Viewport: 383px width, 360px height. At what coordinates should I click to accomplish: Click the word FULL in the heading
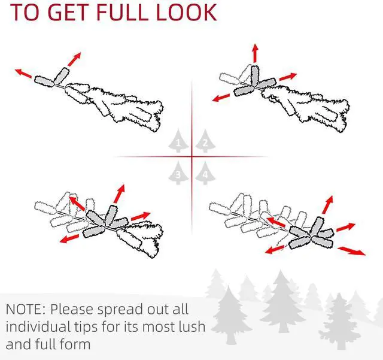pos(122,12)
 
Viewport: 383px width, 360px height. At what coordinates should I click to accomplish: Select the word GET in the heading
pos(69,12)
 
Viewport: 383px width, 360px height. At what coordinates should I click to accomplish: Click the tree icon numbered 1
pos(178,141)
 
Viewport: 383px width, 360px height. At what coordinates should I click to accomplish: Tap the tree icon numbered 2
pos(205,141)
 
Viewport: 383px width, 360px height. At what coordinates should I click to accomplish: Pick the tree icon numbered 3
pos(178,173)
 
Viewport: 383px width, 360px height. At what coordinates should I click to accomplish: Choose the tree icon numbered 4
pos(205,173)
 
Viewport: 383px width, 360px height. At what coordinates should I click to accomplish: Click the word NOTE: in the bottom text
pos(25,309)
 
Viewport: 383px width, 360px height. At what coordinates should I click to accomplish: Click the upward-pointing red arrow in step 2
pos(256,53)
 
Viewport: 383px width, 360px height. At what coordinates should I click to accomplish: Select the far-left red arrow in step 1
pos(23,73)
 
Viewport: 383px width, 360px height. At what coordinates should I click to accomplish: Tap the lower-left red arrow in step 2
pos(221,98)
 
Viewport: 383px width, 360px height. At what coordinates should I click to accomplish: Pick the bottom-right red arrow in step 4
pos(352,250)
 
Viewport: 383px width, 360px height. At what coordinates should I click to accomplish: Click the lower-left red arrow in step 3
pos(69,238)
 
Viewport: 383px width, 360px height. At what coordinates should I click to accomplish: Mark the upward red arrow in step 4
pos(328,205)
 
